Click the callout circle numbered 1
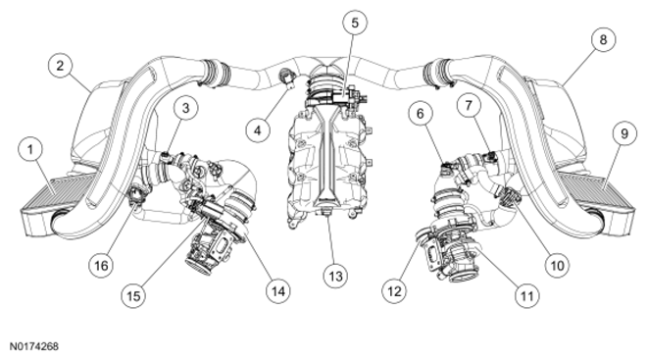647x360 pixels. tap(30, 149)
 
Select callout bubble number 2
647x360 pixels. tap(60, 66)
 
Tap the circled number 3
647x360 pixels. tap(185, 108)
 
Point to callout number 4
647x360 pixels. tap(258, 130)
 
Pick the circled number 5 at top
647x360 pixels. tap(355, 23)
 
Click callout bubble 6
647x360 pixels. tap(421, 114)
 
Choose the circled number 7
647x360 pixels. tap(469, 106)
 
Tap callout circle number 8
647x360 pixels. tap(603, 39)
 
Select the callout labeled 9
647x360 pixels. tap(624, 133)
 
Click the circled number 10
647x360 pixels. tap(557, 265)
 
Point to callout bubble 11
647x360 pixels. tap(527, 295)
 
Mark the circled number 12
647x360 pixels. tap(394, 291)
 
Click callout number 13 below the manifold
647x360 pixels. tap(335, 276)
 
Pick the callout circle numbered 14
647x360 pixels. tap(278, 291)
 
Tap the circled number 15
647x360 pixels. tap(133, 295)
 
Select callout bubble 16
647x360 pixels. tap(102, 265)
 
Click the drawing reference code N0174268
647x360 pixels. tap(34, 346)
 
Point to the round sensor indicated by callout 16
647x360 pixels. tap(136, 195)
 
